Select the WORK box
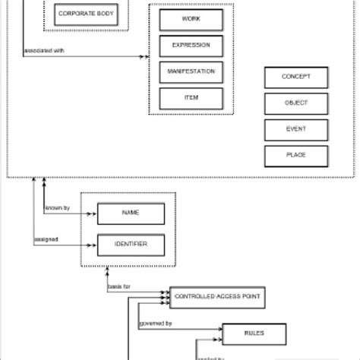(191, 19)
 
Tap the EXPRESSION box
(191, 46)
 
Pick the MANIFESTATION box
(191, 72)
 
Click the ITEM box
(191, 98)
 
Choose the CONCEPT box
(296, 77)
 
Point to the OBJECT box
(296, 103)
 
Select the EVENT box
(296, 129)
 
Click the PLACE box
(296, 156)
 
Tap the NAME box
(131, 214)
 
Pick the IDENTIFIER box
(131, 245)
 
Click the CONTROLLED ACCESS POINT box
(217, 298)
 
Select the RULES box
(254, 333)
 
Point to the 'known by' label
(57, 207)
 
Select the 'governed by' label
(156, 324)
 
